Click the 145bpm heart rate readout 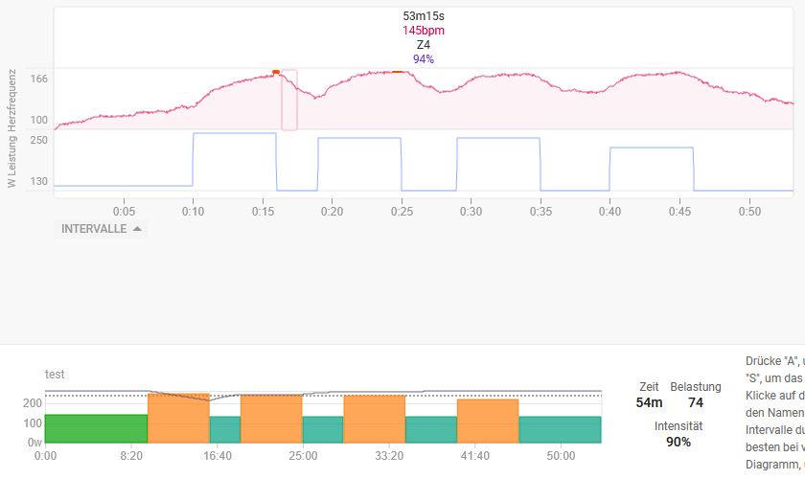(423, 31)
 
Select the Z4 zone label (423, 45)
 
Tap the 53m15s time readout (423, 16)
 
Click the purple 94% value (423, 59)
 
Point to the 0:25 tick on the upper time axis (401, 211)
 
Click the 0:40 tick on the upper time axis (609, 211)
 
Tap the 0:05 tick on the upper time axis (124, 211)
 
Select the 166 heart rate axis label (38, 79)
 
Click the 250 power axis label (38, 140)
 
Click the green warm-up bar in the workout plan (96, 428)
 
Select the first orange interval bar (178, 418)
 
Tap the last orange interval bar (488, 421)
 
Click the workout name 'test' (55, 375)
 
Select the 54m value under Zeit (649, 403)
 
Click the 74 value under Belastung (696, 403)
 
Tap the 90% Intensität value (678, 442)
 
